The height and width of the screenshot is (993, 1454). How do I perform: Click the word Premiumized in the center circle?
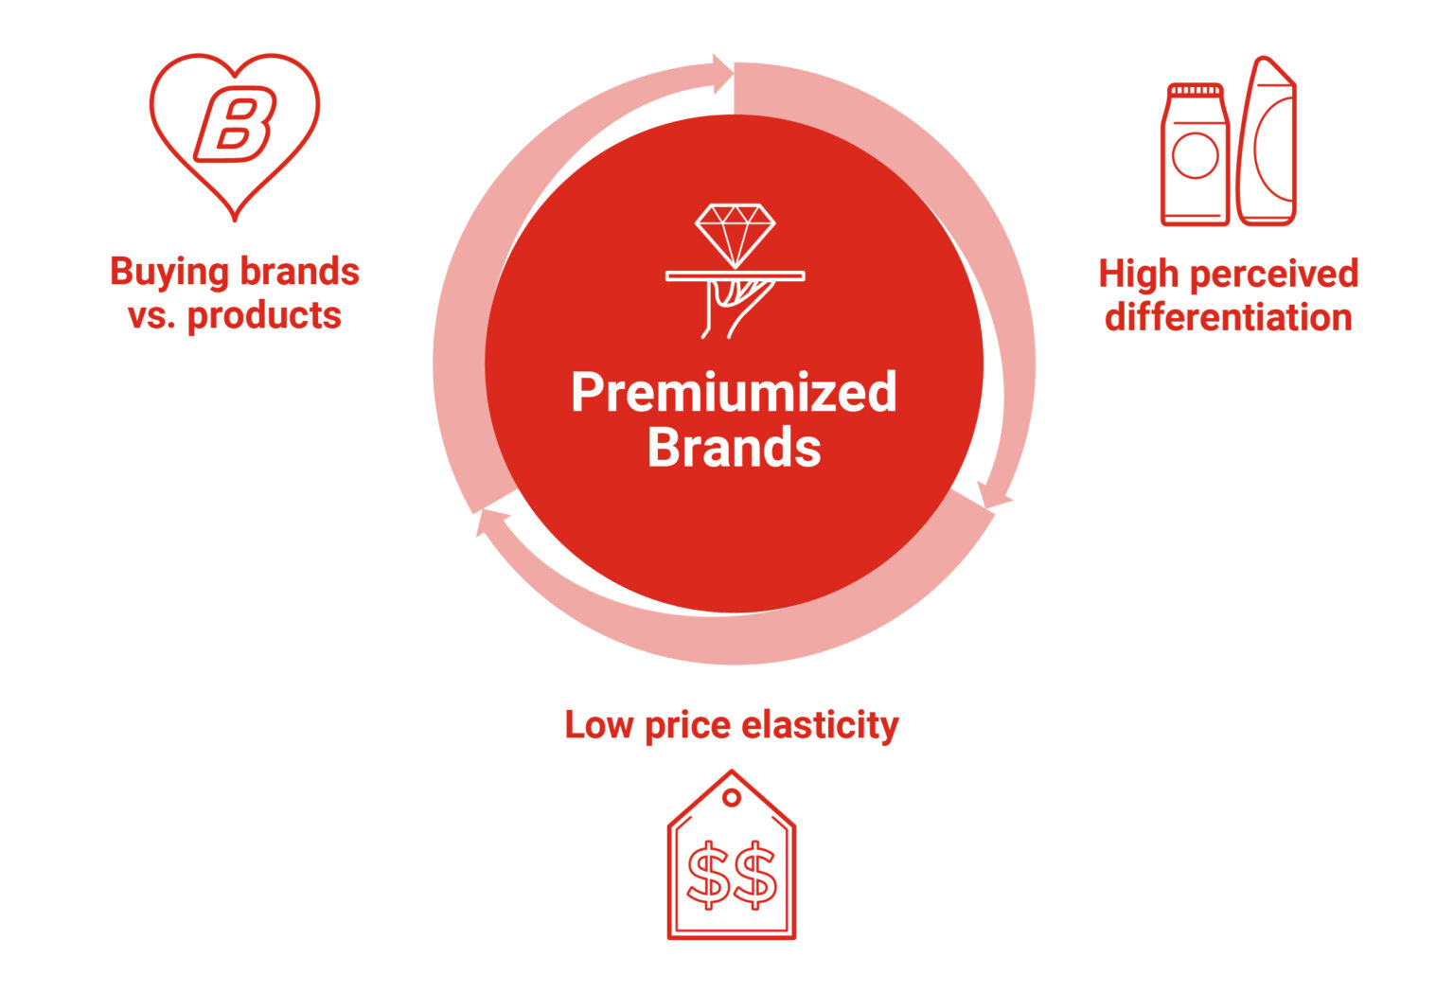pyautogui.click(x=734, y=392)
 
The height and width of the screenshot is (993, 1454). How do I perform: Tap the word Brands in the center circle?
pyautogui.click(x=734, y=447)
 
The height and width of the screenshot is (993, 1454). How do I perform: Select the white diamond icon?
pyautogui.click(x=735, y=235)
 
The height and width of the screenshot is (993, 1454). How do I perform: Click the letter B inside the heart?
pyautogui.click(x=235, y=124)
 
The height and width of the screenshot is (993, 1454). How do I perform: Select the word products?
pyautogui.click(x=264, y=315)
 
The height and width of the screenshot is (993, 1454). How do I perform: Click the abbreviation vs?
pyautogui.click(x=151, y=315)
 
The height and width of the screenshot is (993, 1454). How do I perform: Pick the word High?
pyautogui.click(x=1136, y=274)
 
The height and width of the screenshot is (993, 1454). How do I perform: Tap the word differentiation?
pyautogui.click(x=1228, y=317)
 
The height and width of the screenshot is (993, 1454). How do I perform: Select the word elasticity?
pyautogui.click(x=820, y=725)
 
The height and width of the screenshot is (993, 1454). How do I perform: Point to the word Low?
pyautogui.click(x=598, y=725)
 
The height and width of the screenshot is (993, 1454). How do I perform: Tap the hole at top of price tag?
pyautogui.click(x=732, y=798)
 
